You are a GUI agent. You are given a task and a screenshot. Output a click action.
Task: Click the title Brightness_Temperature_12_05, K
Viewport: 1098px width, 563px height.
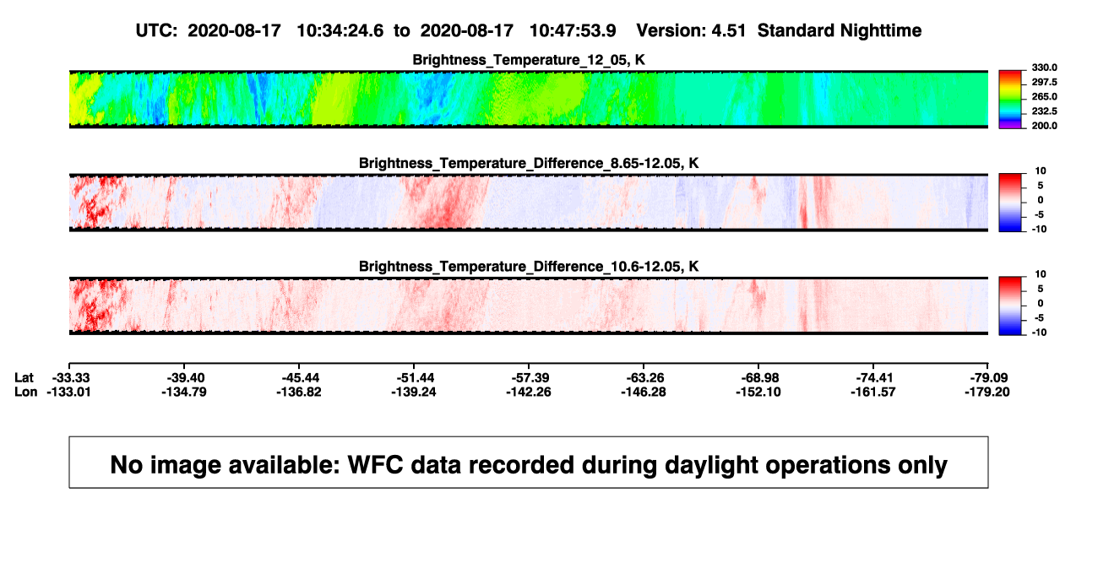[x=529, y=60]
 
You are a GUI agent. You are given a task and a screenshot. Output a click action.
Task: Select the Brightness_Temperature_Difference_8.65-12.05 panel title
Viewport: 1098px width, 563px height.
[x=529, y=163]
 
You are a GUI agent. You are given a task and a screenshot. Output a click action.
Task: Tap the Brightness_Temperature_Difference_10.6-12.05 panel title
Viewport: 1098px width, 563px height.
[x=529, y=267]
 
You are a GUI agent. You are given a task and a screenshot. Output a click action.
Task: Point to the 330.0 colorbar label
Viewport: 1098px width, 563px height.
[x=1044, y=68]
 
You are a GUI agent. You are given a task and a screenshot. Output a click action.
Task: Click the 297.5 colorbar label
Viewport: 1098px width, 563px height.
[x=1044, y=82]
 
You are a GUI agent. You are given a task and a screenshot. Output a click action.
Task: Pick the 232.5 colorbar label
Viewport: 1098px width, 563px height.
[x=1044, y=111]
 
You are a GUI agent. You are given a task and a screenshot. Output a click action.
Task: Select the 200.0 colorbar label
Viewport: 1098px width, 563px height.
[x=1044, y=126]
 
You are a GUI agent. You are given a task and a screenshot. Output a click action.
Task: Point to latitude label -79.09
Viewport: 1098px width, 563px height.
[x=989, y=378]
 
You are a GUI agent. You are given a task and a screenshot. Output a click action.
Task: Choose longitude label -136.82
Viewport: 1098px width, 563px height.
[x=298, y=392]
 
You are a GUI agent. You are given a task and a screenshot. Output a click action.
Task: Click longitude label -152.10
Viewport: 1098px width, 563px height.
[x=758, y=392]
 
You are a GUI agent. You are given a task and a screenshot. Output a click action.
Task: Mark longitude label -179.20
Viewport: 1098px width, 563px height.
[x=987, y=392]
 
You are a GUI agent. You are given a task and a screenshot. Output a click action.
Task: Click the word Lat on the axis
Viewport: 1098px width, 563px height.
[x=24, y=378]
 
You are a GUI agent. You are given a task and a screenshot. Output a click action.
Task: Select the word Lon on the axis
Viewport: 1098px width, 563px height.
[x=26, y=392]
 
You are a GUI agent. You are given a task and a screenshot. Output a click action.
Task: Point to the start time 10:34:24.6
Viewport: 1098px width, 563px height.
[x=340, y=30]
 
